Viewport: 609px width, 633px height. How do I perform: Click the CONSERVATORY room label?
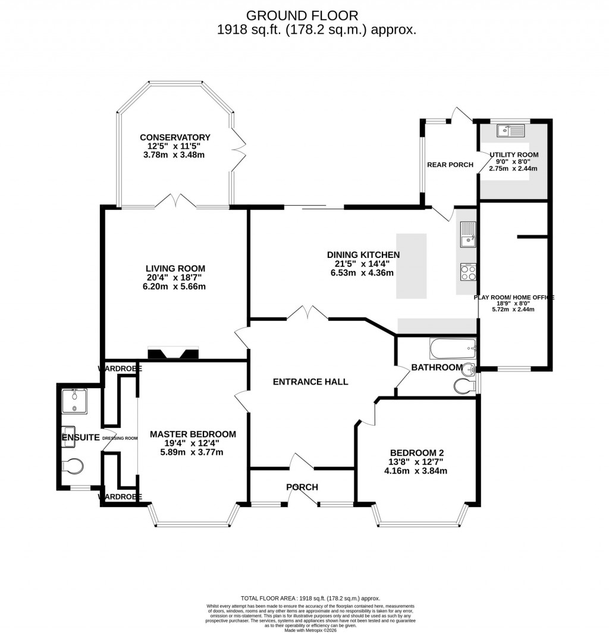(x=176, y=137)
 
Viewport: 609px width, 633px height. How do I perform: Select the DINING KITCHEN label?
(x=363, y=255)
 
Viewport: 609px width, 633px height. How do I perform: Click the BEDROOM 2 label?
(x=416, y=452)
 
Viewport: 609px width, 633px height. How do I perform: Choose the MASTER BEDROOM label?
(x=193, y=434)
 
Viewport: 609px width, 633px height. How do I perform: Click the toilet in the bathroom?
(x=464, y=386)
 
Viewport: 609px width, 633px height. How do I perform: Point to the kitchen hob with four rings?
(x=467, y=273)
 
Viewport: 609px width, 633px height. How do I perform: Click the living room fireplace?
(x=172, y=354)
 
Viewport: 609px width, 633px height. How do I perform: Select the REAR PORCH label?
(x=450, y=165)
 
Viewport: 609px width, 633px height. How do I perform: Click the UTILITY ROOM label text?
(x=514, y=155)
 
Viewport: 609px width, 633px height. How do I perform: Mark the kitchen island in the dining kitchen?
(x=412, y=266)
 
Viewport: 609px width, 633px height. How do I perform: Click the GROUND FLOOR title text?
(x=302, y=15)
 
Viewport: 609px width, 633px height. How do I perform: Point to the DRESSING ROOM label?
(x=120, y=438)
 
